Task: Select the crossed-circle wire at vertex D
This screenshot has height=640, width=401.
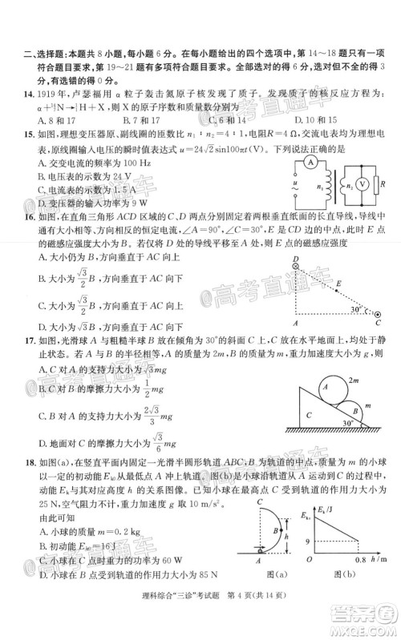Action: [296, 261]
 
